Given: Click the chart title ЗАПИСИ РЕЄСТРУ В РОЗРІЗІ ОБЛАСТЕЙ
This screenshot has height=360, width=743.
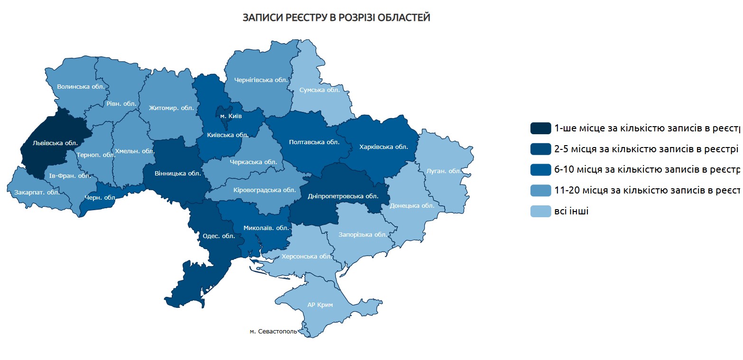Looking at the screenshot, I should click(336, 18).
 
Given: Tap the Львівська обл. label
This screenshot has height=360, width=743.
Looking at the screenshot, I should click(55, 142).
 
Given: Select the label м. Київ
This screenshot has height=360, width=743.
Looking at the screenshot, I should click(231, 116).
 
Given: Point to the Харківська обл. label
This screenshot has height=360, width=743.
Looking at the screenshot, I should click(384, 147).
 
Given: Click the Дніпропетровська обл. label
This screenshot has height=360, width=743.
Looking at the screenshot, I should click(343, 196).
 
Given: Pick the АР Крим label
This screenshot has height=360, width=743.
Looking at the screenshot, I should click(320, 305).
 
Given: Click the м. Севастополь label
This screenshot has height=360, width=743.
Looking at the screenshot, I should click(273, 332).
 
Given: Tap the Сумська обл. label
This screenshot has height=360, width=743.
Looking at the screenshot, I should click(319, 90).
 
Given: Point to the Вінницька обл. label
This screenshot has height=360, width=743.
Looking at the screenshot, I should click(178, 173).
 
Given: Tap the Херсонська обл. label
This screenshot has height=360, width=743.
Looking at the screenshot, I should click(306, 256).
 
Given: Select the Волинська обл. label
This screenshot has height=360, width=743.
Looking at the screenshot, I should click(81, 87).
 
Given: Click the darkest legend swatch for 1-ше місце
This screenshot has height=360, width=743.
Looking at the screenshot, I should click(540, 128).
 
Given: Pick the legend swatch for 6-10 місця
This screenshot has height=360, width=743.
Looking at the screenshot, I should click(540, 170).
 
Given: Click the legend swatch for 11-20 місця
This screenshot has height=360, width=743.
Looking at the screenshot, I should click(540, 191).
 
